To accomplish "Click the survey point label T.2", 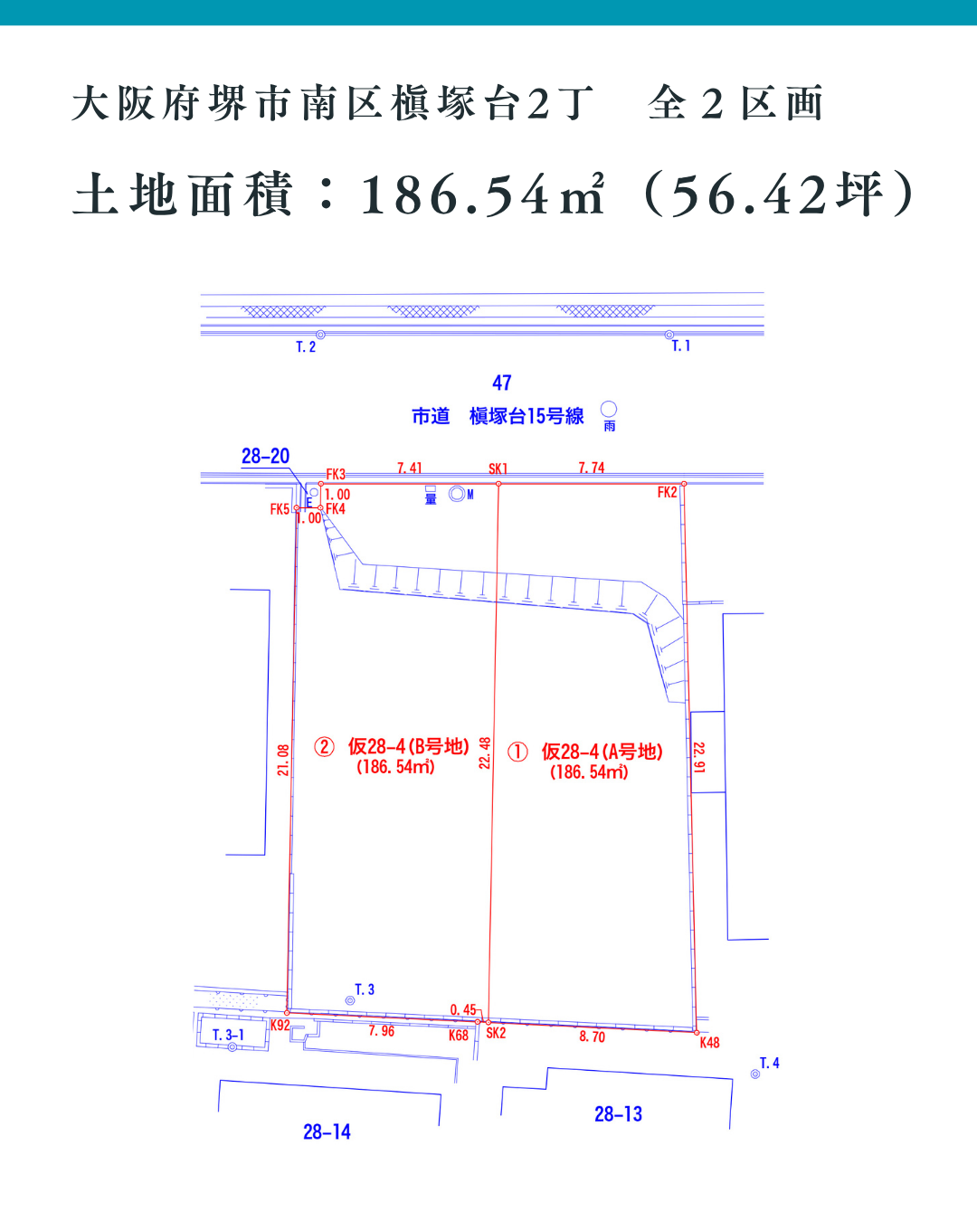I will (306, 347).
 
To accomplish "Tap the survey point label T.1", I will (681, 346).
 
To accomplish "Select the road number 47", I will (502, 383).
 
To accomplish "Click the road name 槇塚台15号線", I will (526, 416).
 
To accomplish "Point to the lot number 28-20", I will (265, 457).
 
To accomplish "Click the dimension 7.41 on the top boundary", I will (410, 469).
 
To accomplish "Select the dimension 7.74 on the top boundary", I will (592, 469).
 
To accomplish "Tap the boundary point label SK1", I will (498, 469).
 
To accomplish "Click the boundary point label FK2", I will (667, 493).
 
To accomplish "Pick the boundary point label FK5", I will (280, 510).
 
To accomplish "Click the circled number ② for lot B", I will (324, 747).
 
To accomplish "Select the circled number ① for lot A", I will (517, 752).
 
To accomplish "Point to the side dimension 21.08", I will (283, 760).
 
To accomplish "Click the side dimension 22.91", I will (698, 757).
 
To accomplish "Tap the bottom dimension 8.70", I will (593, 1037).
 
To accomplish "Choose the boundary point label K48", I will (710, 1043).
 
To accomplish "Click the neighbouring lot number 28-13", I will (618, 1114).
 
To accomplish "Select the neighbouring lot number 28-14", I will (327, 1132).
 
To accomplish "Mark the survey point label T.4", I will (770, 1064).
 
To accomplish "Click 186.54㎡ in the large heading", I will (483, 195).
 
